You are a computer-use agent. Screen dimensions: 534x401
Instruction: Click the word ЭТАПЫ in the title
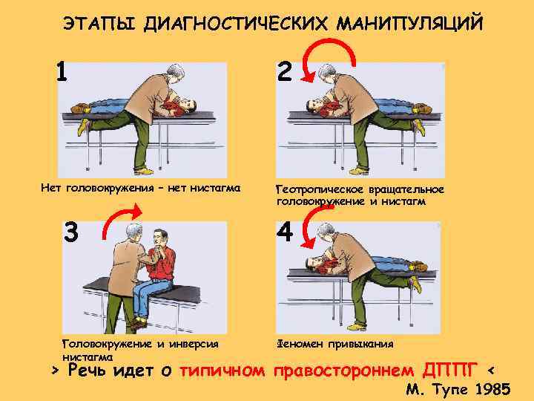coord(99,24)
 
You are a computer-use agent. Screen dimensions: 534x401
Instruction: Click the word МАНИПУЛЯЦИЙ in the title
coord(409,23)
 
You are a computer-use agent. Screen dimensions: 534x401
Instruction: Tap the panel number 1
coord(62,71)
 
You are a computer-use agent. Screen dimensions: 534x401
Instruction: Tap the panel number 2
coord(285,71)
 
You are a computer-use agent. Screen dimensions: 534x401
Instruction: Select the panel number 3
coord(71,232)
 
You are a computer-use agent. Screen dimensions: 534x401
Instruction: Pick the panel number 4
coord(285,231)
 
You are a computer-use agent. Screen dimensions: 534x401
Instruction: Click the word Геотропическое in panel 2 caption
coord(320,189)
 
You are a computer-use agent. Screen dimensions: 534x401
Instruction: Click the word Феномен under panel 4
coord(300,344)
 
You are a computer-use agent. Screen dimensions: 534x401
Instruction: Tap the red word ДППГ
coord(449,371)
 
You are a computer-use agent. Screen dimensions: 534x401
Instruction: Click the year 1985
coord(492,389)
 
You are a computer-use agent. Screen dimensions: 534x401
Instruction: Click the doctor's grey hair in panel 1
coord(175,71)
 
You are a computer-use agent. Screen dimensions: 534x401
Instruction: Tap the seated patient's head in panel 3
coord(160,237)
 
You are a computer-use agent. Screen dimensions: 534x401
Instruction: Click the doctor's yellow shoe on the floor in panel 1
coord(144,171)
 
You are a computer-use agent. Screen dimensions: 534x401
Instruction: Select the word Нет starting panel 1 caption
coord(52,188)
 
